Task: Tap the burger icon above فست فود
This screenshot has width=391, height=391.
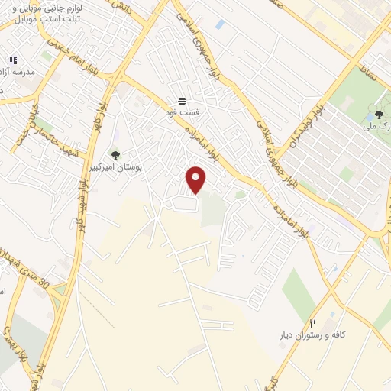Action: [x=182, y=101]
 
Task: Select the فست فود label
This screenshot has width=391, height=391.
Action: [x=182, y=112]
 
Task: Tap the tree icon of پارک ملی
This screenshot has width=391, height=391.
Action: [x=379, y=115]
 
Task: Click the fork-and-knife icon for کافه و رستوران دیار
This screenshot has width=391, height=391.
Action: [x=312, y=324]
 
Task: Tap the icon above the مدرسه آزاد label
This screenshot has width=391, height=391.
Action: [x=12, y=60]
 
